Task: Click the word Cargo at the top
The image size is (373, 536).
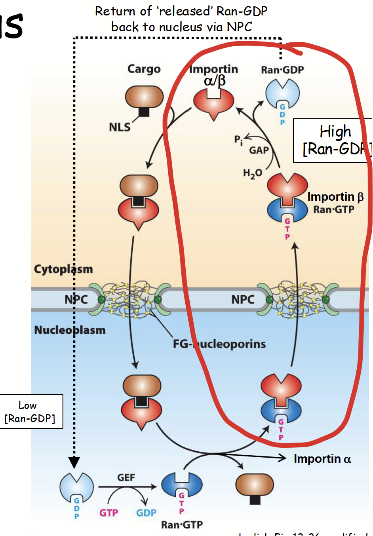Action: [x=144, y=69]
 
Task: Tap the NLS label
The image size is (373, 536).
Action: [x=120, y=127]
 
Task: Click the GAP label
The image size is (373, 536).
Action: [x=259, y=150]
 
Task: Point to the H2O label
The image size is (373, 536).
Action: [x=252, y=173]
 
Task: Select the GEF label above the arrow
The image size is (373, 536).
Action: [x=126, y=477]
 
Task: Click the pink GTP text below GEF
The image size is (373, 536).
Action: [x=108, y=513]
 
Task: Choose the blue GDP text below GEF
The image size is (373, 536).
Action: [x=146, y=513]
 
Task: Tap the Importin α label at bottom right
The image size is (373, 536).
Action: [x=322, y=459]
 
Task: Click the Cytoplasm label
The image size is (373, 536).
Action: [x=63, y=269]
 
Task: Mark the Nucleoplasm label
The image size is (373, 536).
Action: [x=70, y=330]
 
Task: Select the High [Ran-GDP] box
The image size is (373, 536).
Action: [x=335, y=141]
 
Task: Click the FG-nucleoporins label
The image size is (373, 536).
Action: [x=219, y=344]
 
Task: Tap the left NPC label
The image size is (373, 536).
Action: [x=76, y=300]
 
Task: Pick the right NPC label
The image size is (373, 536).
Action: [x=243, y=300]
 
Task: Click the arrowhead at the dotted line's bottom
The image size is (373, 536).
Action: [x=74, y=462]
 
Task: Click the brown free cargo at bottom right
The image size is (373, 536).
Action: [x=255, y=485]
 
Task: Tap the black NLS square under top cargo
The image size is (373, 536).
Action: [x=144, y=112]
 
